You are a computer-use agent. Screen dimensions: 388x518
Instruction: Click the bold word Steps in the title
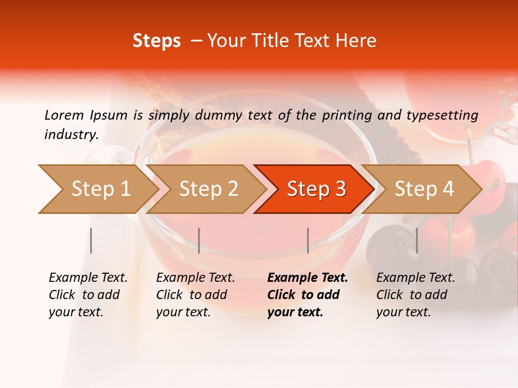(x=156, y=41)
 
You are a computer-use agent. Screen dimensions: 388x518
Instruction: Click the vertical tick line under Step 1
(x=91, y=240)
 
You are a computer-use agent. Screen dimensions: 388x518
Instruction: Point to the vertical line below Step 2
(x=199, y=240)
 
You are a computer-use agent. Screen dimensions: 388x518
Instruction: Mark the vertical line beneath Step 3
(x=308, y=240)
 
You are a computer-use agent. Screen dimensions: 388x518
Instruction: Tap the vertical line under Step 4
(x=417, y=240)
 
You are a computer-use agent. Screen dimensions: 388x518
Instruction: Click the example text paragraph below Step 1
(x=88, y=295)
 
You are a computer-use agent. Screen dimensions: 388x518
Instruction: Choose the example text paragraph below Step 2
(x=195, y=295)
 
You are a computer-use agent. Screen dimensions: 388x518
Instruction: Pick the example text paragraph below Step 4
(x=415, y=295)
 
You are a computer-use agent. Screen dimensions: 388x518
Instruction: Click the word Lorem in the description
(x=64, y=115)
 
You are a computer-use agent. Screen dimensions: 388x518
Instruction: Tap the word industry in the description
(x=71, y=135)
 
